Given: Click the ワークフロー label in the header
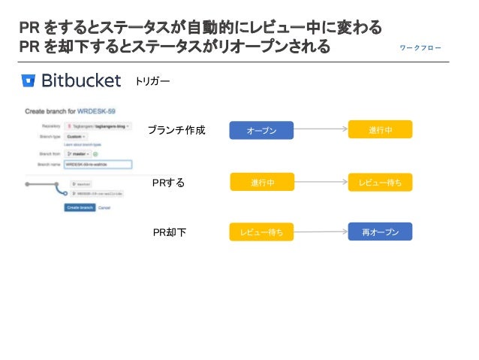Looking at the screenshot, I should point(420,48).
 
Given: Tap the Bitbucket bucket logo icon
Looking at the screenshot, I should point(29,80).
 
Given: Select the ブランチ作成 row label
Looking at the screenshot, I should point(176,131).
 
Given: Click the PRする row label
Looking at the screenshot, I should point(168,182).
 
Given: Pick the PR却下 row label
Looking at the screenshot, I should point(169,233).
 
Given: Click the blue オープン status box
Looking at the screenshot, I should point(262,131).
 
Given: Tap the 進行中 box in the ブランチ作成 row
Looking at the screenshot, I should point(381,130).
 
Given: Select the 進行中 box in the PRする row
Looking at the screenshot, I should point(262,182).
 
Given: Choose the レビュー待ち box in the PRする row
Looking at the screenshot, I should point(381,182).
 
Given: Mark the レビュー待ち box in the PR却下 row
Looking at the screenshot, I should point(261,232).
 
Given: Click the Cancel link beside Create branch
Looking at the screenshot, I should point(104,207).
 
